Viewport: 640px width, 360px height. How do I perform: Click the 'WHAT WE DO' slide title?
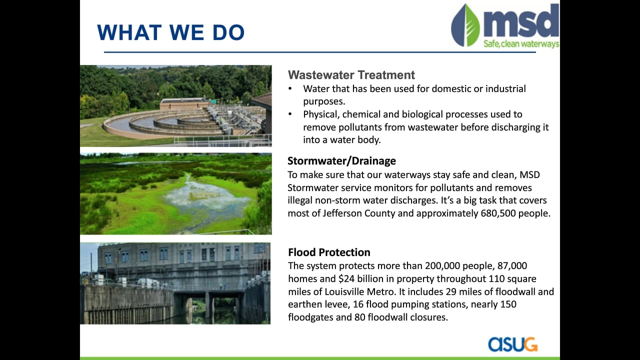coord(171,32)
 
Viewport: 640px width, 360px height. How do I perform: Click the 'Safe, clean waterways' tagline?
coord(521,44)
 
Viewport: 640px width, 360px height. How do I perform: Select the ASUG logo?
coord(513,344)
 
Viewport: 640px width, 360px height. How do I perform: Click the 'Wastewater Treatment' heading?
coord(351,75)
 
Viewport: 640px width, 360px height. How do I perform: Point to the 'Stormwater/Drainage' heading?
coord(341,161)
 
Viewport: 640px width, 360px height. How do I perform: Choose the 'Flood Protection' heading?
coord(329,252)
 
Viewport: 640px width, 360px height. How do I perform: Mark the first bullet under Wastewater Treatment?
coord(290,88)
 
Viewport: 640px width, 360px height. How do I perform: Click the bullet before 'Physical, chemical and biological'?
coord(290,114)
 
